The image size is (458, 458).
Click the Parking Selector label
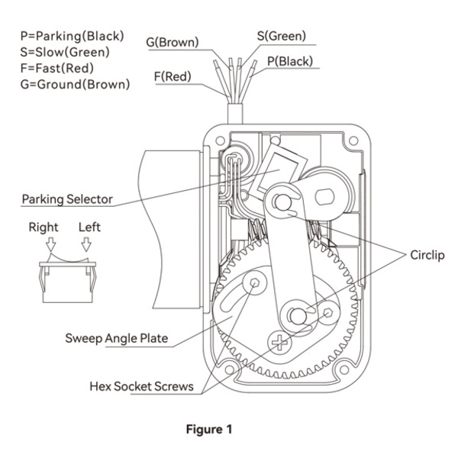coord(67,199)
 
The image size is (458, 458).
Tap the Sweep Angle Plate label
coord(117,338)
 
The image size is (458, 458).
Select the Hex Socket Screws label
coord(141,386)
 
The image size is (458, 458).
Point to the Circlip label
coord(427,255)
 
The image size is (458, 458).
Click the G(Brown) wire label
coord(173,42)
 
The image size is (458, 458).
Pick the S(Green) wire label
coord(282,36)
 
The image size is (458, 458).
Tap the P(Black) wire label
coord(290,61)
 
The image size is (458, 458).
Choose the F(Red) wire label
coord(173,76)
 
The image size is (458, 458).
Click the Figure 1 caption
coord(209,429)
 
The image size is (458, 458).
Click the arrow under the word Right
coord(51,244)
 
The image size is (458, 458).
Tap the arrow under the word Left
coord(86,244)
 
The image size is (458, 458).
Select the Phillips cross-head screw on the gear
coord(279,342)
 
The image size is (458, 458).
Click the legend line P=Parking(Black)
coord(73,36)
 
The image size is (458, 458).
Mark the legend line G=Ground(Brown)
coord(75,85)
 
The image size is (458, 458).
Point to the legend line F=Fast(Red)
coord(57,69)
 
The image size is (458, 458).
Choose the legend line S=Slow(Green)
coord(65,52)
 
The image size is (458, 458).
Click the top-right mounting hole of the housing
coord(353,140)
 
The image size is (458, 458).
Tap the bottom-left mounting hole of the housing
coord(230,370)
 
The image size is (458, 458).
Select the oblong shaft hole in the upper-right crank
coord(324,197)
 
